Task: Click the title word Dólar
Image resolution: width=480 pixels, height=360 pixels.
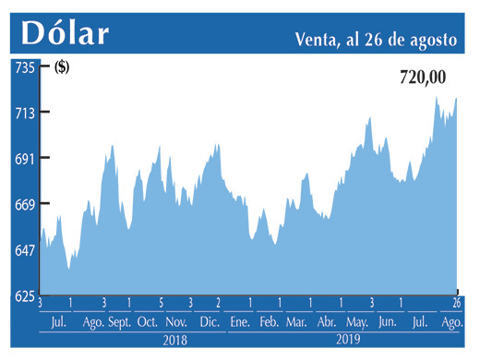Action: coord(65,32)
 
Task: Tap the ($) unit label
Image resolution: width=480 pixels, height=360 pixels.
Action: coord(63,66)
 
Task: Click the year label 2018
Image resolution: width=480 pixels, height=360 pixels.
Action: coord(175,341)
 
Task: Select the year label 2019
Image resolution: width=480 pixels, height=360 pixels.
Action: coord(348,341)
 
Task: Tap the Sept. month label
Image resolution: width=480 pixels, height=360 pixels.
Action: coord(120,322)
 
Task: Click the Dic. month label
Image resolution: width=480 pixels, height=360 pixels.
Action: coord(210,322)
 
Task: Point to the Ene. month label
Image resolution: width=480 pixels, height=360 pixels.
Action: coord(239,322)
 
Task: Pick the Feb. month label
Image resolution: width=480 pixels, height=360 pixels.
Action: coord(269,322)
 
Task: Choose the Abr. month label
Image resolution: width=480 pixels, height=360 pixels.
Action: coord(327,322)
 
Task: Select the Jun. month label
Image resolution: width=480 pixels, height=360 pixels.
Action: coord(387,322)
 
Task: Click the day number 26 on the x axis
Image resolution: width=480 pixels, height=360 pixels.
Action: coord(456,303)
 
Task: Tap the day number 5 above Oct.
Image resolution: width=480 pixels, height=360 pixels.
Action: coord(161,303)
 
